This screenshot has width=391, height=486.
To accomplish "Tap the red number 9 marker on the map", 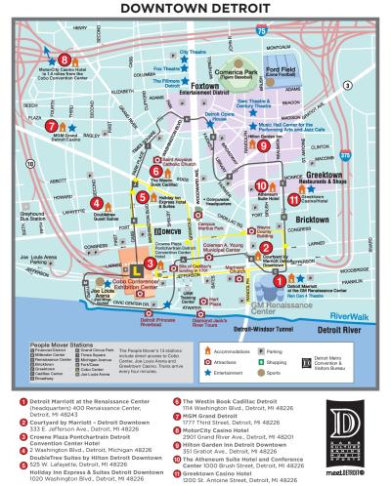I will click(x=263, y=145).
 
